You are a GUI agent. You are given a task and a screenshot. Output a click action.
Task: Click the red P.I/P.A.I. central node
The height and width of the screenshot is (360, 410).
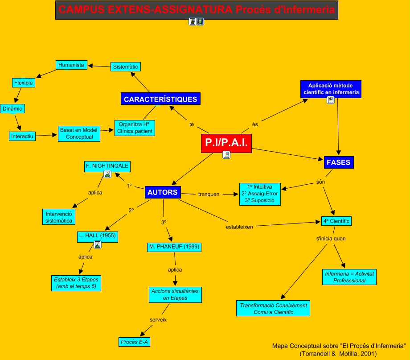click(226, 143)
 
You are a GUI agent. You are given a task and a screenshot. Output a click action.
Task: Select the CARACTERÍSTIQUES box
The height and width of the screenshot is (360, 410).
click(160, 99)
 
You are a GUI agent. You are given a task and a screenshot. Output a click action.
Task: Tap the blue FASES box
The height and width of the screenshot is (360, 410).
click(339, 162)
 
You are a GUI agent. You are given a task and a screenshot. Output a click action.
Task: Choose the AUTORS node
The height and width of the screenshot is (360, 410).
click(163, 193)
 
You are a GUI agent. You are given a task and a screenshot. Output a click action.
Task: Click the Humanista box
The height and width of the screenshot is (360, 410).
click(71, 65)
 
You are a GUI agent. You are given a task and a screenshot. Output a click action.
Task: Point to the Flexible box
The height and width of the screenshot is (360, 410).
click(23, 83)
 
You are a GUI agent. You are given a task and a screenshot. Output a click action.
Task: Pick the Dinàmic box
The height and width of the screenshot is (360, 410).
click(12, 109)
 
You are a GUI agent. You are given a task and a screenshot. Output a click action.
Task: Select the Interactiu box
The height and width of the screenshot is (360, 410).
click(22, 136)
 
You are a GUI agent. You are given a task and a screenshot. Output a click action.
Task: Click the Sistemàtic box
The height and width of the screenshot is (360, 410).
click(125, 67)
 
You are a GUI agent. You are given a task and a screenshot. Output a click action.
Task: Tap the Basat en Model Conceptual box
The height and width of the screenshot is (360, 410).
click(79, 133)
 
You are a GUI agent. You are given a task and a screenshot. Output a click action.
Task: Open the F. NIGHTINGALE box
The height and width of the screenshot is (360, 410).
click(107, 166)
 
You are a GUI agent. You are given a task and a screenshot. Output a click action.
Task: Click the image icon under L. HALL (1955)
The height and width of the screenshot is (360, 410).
click(98, 244)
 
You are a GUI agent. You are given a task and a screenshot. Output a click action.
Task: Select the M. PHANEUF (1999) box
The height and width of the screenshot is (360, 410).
click(174, 247)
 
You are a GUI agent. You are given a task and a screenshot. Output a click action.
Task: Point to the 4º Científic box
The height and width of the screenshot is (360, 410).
click(336, 221)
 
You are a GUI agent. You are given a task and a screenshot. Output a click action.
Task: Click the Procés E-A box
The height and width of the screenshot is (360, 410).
click(134, 342)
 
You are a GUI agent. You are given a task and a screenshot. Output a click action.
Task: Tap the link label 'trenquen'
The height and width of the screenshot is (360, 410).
click(209, 194)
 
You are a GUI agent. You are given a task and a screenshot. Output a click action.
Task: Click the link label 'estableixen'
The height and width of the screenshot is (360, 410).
click(239, 227)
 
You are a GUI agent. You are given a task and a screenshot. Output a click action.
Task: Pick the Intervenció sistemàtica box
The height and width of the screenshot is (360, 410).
click(59, 217)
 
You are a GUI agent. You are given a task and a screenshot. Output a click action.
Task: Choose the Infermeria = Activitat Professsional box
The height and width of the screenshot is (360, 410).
click(349, 277)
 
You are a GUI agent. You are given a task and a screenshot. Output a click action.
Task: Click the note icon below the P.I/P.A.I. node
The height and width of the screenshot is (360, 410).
click(226, 155)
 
